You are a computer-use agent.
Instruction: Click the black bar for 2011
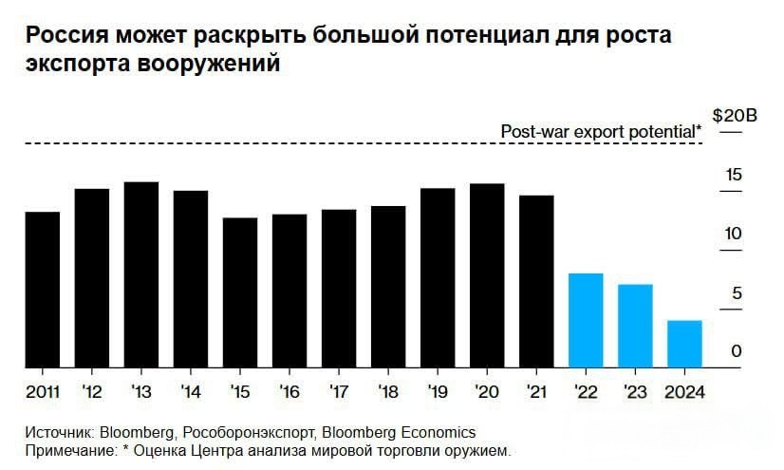[x=42, y=290]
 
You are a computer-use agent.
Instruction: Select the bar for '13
[x=140, y=274]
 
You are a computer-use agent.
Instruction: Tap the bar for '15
[x=240, y=292]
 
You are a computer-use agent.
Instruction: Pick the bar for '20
[x=487, y=275]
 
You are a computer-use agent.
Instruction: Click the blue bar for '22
[x=586, y=320]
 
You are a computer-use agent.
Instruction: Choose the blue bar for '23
[x=635, y=326]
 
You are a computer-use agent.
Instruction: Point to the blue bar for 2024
[x=684, y=344]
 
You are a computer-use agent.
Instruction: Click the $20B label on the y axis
[x=736, y=117]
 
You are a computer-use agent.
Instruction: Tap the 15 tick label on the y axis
[x=733, y=176]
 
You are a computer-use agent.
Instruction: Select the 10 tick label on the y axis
[x=733, y=235]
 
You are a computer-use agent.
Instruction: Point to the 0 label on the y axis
[x=736, y=352]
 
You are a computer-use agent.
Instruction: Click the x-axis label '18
[x=387, y=390]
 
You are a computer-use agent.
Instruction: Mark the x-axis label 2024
[x=684, y=390]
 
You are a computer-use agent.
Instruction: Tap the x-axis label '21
[x=536, y=390]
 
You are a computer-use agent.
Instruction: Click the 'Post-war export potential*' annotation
[x=602, y=132]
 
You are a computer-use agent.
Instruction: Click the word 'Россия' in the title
[x=65, y=37]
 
